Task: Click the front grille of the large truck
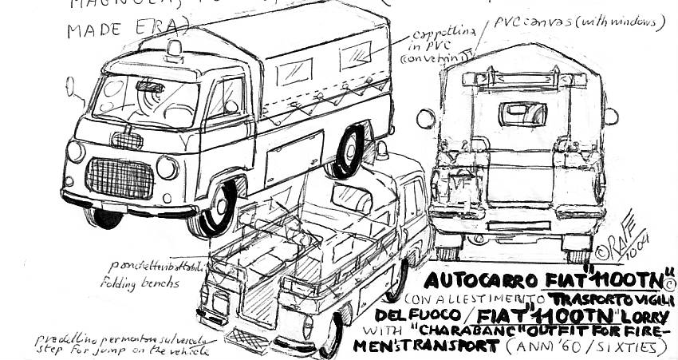(120, 177)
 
